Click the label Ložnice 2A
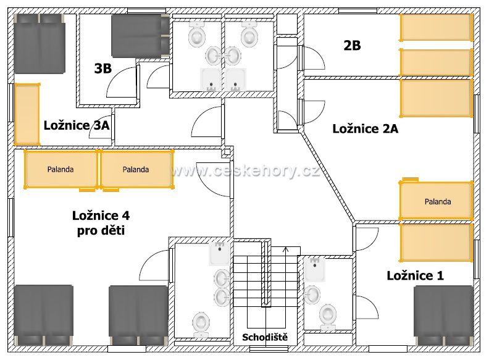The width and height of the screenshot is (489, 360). [365, 128]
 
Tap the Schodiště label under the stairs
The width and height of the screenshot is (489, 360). [265, 337]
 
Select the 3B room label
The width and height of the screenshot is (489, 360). [103, 69]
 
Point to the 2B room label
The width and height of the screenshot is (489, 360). [352, 46]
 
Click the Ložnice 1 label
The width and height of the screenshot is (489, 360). [415, 276]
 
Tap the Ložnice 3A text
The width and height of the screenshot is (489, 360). [77, 125]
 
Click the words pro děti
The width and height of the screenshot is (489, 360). [101, 230]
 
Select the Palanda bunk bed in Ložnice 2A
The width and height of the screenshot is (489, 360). [437, 201]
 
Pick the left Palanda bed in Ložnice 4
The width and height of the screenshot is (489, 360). [61, 169]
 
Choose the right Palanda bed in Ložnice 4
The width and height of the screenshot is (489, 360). [136, 169]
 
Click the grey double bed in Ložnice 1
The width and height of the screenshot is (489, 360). [444, 315]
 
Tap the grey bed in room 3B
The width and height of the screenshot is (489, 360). [140, 36]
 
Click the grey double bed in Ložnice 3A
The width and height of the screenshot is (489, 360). [40, 44]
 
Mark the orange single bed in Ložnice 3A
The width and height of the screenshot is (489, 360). [27, 114]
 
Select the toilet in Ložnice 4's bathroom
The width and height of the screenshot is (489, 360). [201, 325]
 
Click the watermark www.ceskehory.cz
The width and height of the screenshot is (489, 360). [245, 170]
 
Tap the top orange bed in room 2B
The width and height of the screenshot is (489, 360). [437, 27]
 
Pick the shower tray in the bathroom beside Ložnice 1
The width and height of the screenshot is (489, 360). [315, 269]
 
